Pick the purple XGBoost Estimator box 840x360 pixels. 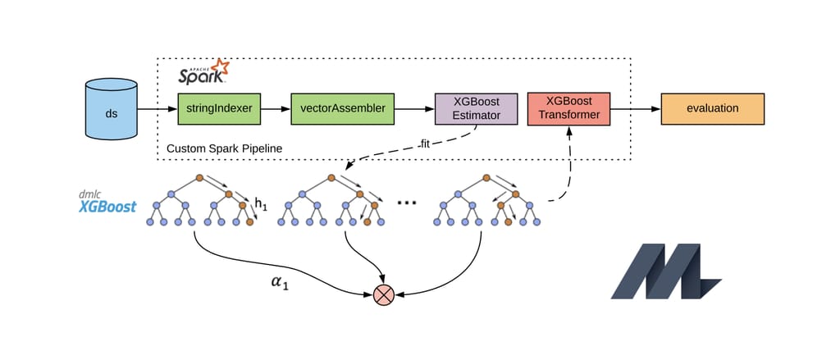[x=477, y=108]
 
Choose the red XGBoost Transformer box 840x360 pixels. [x=568, y=108]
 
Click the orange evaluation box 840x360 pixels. [x=712, y=108]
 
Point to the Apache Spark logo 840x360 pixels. [x=204, y=73]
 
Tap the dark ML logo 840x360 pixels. [x=665, y=271]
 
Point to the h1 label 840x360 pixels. [x=261, y=203]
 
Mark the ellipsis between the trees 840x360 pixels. [x=407, y=202]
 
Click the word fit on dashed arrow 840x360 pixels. [x=424, y=144]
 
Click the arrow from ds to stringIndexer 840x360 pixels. [x=157, y=108]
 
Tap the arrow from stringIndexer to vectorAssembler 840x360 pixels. [x=276, y=108]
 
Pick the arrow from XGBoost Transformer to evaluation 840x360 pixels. [x=635, y=108]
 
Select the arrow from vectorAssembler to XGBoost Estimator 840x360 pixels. [x=413, y=108]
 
